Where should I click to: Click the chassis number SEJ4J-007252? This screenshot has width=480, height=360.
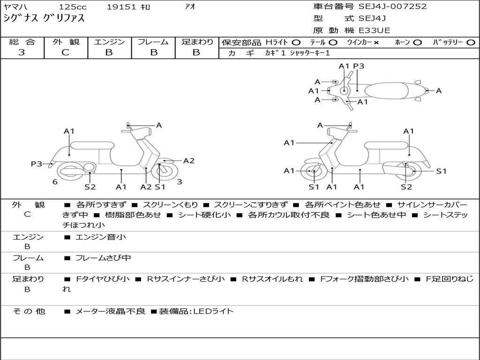(x=392, y=7)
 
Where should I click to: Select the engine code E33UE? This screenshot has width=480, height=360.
(x=374, y=30)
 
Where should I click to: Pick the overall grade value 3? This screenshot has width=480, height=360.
(x=22, y=52)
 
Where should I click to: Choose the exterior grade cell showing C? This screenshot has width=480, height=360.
(x=65, y=52)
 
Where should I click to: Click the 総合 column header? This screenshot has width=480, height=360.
(x=22, y=42)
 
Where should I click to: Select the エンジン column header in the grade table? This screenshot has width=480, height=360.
(x=109, y=42)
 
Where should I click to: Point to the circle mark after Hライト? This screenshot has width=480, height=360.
(x=296, y=42)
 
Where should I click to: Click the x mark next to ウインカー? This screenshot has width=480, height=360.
(x=376, y=42)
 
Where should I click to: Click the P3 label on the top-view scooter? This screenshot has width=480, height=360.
(x=359, y=66)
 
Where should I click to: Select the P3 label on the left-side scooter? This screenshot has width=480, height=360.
(x=37, y=164)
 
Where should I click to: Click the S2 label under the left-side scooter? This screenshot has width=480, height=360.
(x=90, y=187)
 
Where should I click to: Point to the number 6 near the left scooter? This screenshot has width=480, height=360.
(x=55, y=181)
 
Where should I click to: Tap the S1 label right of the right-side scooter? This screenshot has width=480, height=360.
(x=441, y=171)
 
